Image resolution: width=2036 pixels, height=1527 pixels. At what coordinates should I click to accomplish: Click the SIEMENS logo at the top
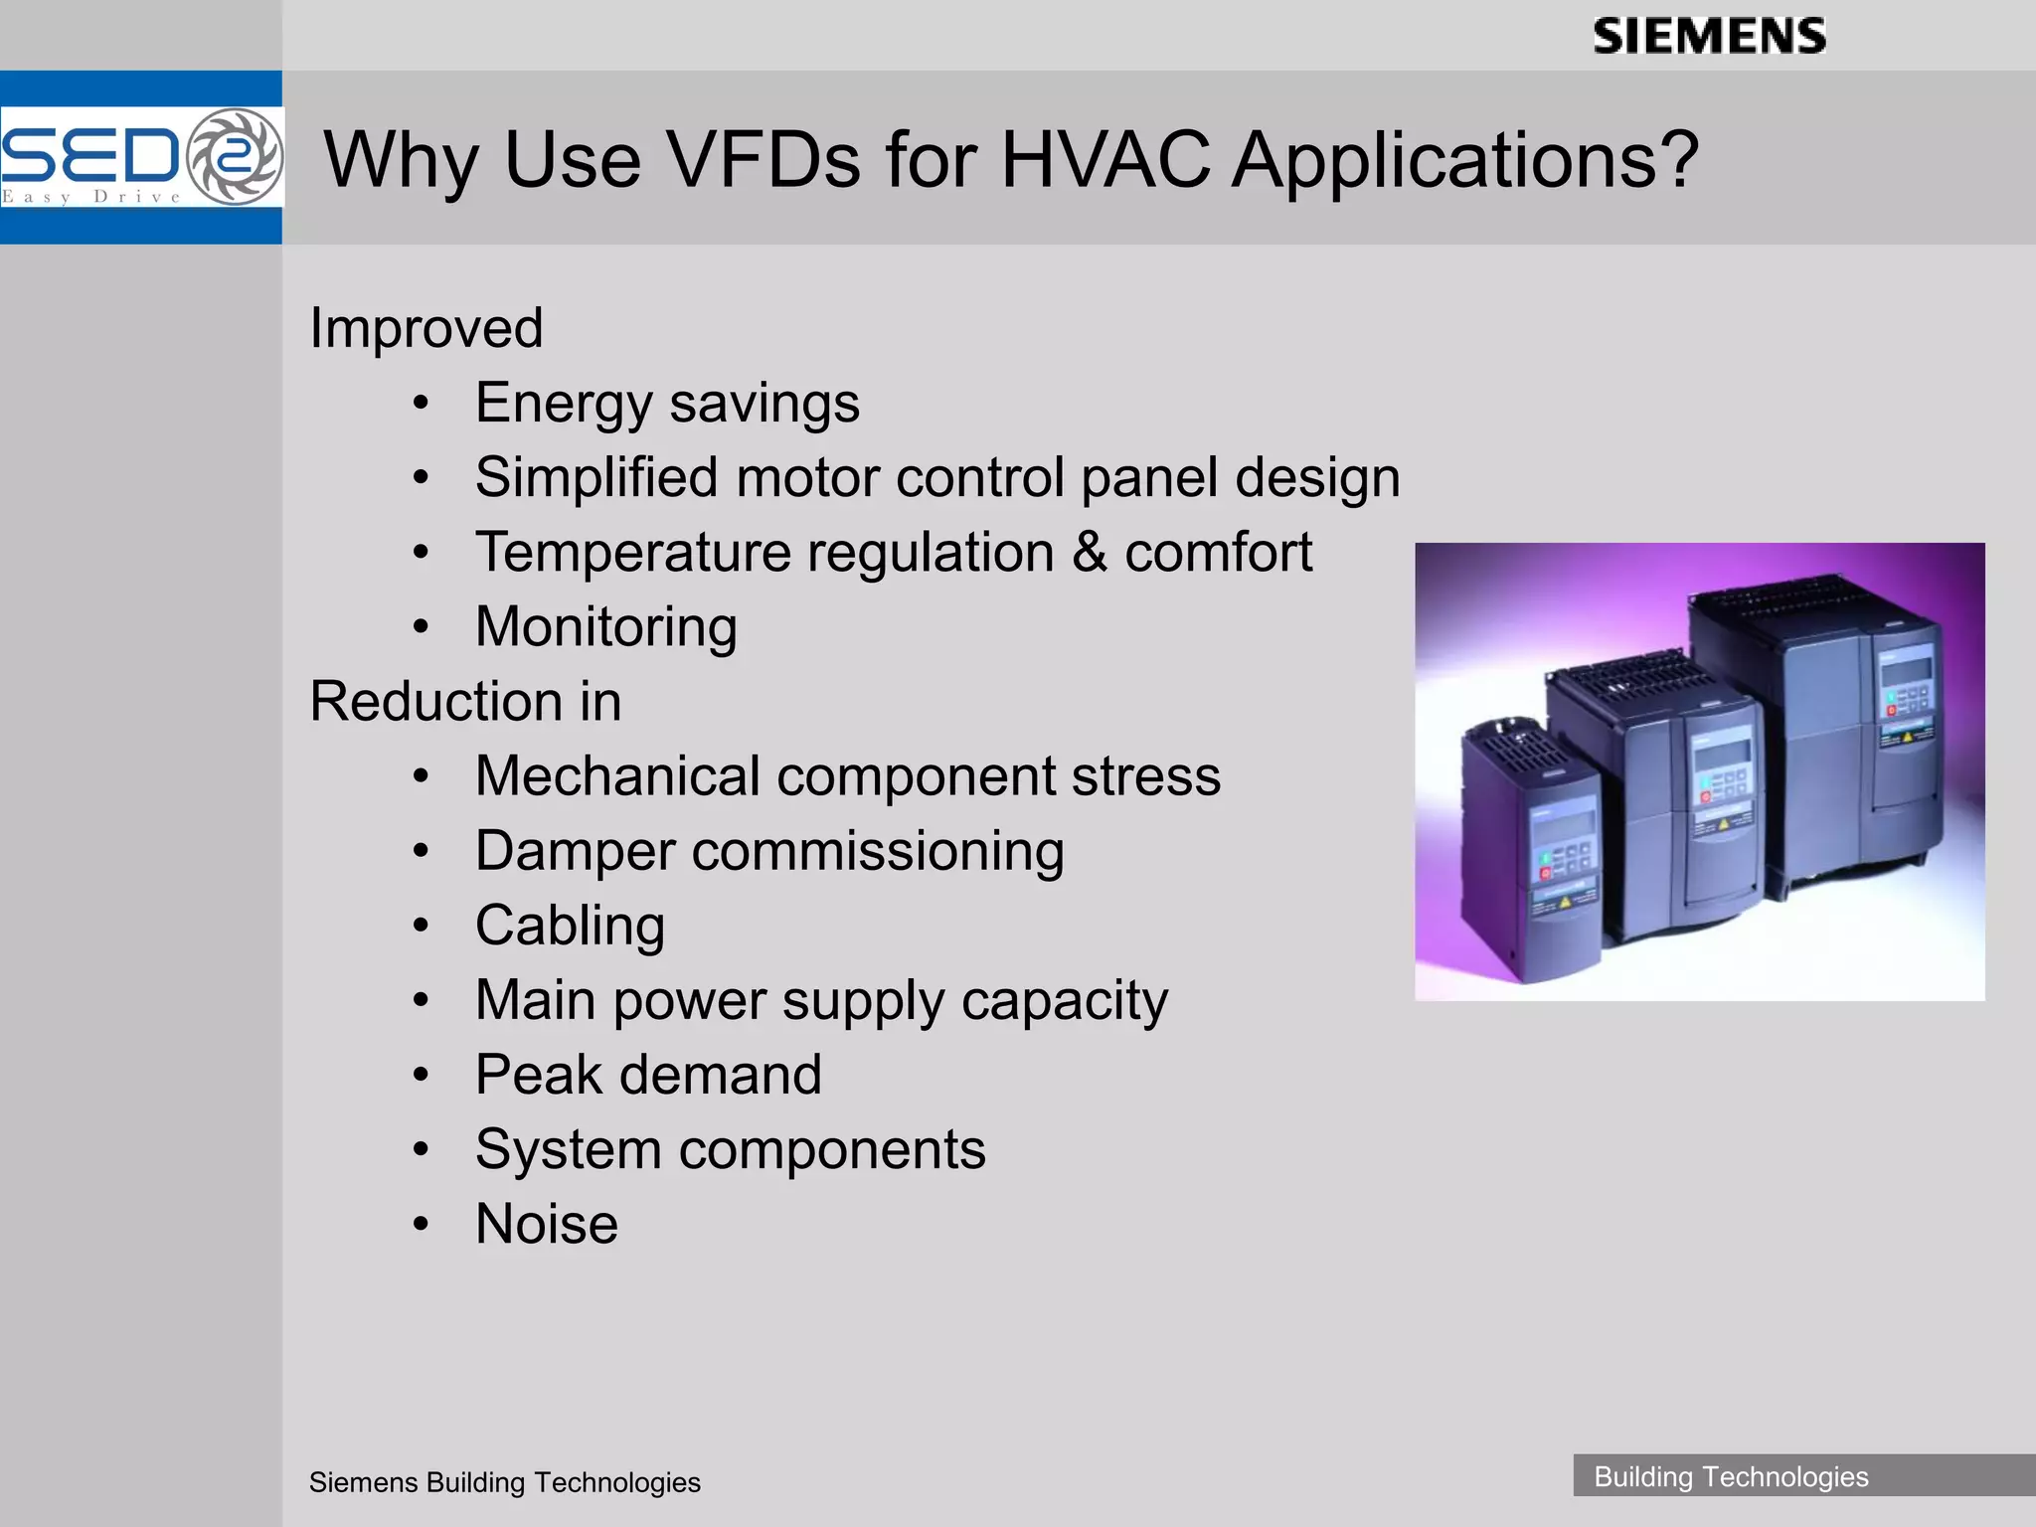(x=1709, y=37)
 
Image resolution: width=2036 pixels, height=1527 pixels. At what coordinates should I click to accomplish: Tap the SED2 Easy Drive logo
(x=141, y=157)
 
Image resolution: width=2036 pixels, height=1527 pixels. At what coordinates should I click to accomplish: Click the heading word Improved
(x=426, y=328)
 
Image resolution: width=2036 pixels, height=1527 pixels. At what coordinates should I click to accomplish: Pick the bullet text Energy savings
(x=667, y=404)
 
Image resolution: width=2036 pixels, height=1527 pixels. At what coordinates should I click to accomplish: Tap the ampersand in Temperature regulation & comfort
(x=1090, y=553)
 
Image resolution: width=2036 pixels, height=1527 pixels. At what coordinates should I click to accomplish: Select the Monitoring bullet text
(x=605, y=627)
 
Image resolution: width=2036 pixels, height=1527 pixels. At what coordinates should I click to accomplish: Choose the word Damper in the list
(x=574, y=852)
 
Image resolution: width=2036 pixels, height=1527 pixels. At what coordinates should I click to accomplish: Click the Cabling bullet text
(x=570, y=927)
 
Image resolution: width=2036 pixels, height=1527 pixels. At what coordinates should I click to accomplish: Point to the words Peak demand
(x=648, y=1076)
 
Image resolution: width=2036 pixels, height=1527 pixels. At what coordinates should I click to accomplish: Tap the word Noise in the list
(x=546, y=1225)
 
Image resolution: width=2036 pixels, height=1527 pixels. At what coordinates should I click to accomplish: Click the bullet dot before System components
(x=422, y=1150)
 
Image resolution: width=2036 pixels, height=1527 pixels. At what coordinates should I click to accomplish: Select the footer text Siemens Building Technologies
(x=504, y=1482)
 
